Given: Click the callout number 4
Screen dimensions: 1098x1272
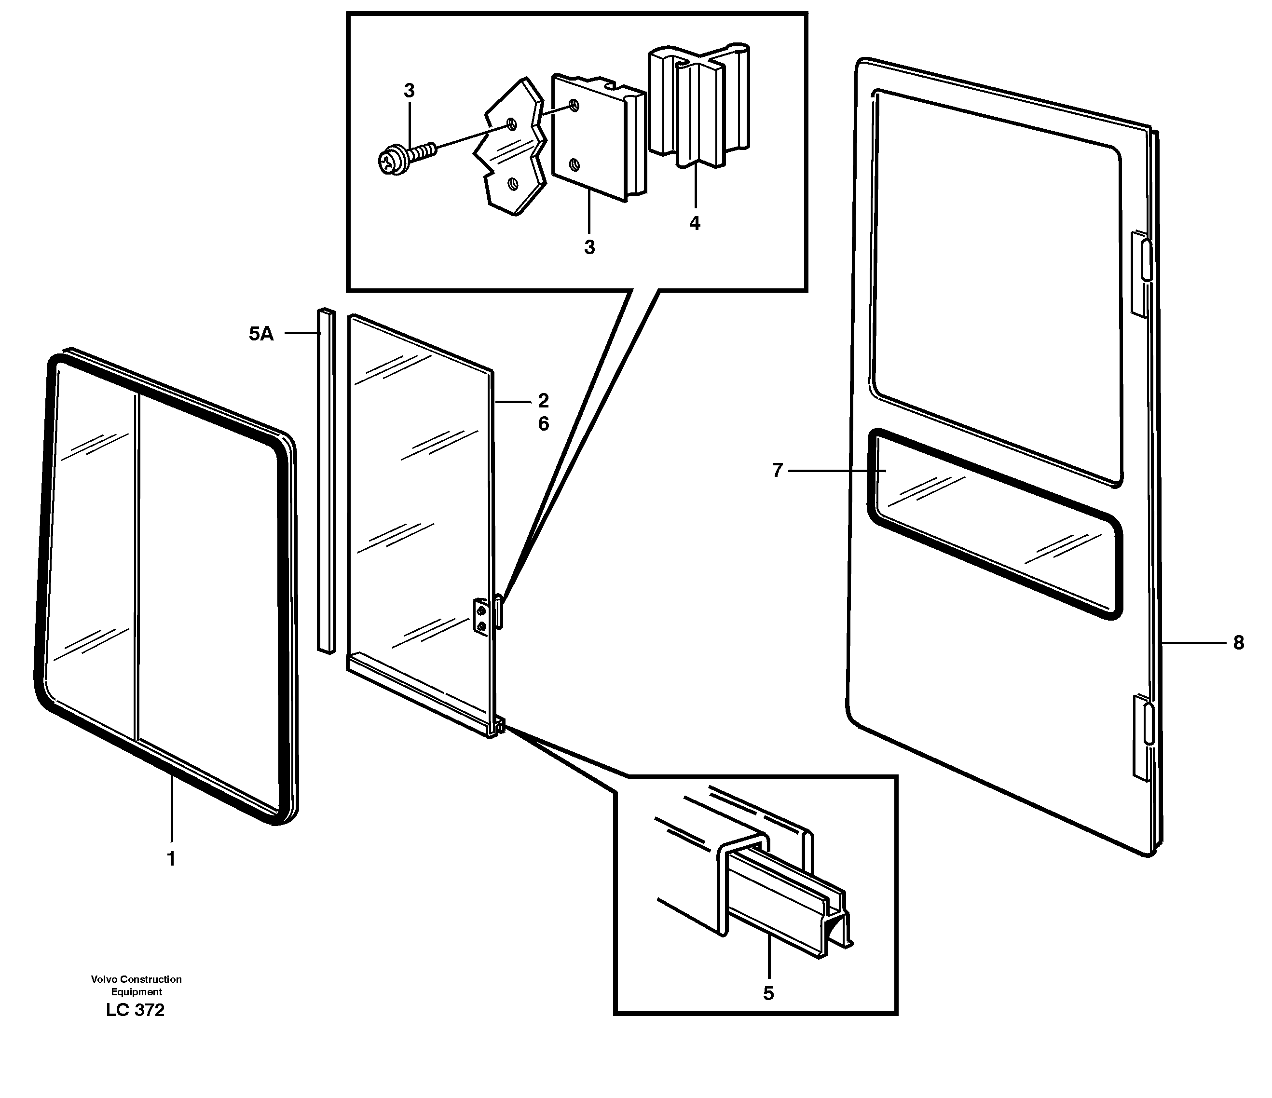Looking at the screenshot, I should (694, 223).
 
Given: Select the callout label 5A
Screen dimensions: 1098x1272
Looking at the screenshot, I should (261, 334).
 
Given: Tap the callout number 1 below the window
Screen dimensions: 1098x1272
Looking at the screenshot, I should (171, 859).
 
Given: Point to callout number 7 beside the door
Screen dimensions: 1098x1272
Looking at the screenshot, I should (777, 471).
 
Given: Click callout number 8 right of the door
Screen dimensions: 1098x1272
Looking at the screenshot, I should (1238, 643).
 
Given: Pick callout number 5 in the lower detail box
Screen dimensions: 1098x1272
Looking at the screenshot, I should (768, 993).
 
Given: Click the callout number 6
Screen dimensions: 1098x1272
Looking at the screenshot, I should (543, 424).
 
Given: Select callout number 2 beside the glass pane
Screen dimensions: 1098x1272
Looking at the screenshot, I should (543, 401).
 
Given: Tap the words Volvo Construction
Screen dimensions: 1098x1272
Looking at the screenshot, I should (137, 979).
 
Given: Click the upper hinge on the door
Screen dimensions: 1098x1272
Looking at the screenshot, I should (1141, 273).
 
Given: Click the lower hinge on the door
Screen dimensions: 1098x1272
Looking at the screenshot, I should (1141, 736).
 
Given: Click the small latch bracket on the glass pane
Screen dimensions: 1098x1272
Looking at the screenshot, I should (481, 619).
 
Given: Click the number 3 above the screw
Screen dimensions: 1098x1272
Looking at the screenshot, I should (409, 91).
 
